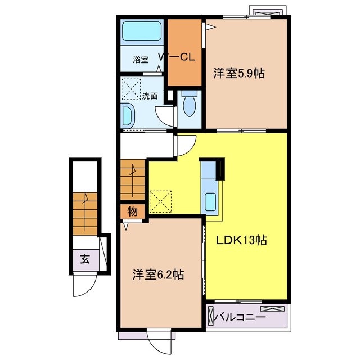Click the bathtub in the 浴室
tap(142, 31)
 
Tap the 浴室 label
tap(141, 60)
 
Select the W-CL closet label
tap(177, 57)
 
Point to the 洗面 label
tap(150, 96)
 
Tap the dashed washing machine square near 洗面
tap(131, 89)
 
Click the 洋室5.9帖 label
tap(239, 74)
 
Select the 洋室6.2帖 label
tap(158, 274)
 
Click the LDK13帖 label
tap(241, 240)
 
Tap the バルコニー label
tap(240, 317)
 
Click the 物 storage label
tap(133, 211)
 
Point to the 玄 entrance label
tap(85, 259)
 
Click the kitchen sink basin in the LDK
tap(210, 202)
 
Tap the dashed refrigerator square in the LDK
tap(160, 202)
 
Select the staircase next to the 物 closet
tap(133, 179)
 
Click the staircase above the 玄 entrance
tap(85, 214)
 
